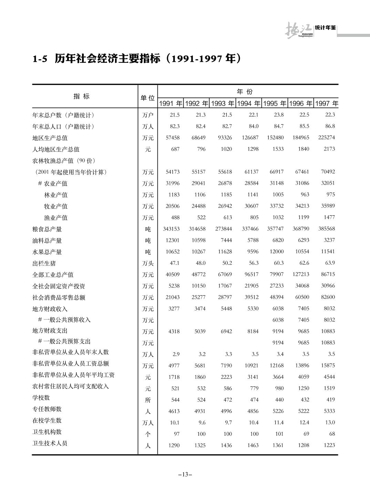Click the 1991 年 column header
click(171, 103)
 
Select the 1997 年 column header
click(326, 103)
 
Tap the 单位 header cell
click(148, 98)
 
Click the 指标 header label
click(82, 97)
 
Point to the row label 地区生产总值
click(50, 138)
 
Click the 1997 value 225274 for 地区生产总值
click(326, 138)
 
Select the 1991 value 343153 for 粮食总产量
click(171, 229)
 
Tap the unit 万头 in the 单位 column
click(148, 263)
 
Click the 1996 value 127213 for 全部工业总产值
click(301, 274)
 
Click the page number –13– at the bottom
click(185, 474)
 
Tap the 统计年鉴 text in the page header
click(325, 28)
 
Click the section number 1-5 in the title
click(40, 59)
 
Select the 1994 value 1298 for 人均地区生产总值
click(253, 149)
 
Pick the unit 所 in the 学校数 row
click(148, 400)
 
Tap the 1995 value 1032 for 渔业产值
click(278, 217)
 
